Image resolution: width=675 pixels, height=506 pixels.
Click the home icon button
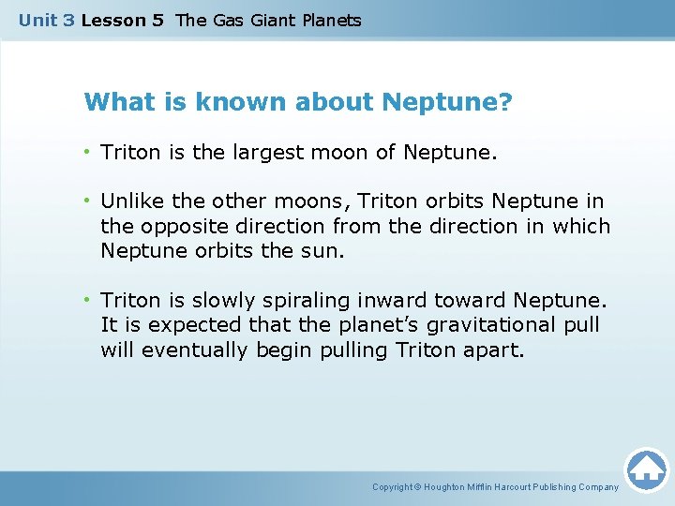[x=646, y=469]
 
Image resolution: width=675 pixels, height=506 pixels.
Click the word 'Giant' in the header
[x=273, y=21]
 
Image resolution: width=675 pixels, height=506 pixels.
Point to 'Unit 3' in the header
[x=46, y=21]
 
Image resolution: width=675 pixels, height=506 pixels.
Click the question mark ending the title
[x=506, y=101]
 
